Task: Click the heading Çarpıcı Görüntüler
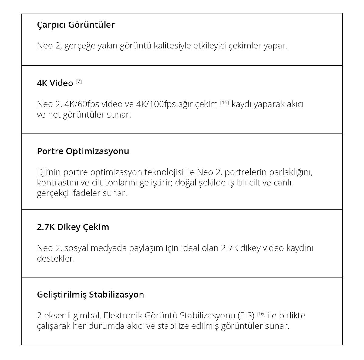pos(76,25)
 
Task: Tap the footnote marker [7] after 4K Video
pos(79,82)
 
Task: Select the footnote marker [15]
pos(224,103)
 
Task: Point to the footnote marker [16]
pos(261,314)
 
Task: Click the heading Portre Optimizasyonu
pos(83,151)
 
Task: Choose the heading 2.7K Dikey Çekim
pos(73,227)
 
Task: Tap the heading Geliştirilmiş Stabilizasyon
pos(90,294)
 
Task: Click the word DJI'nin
pos(49,172)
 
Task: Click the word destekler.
pos(56,259)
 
